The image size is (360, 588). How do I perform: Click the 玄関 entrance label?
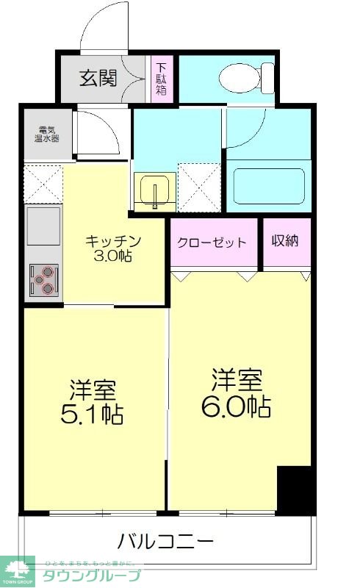tap(98, 78)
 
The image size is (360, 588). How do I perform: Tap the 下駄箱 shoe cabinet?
tap(160, 79)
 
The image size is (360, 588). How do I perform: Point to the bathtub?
tap(268, 187)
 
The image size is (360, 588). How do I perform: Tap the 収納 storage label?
tap(284, 241)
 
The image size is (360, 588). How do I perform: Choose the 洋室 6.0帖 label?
tap(237, 394)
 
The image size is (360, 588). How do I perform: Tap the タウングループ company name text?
tap(92, 575)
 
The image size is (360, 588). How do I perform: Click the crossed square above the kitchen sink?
tap(43, 183)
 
